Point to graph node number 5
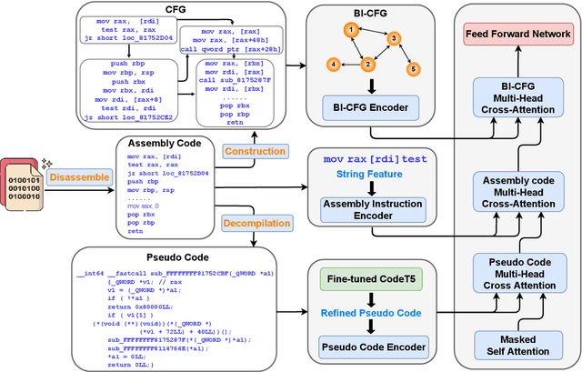(412, 69)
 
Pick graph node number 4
(335, 65)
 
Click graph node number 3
(394, 39)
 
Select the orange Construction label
(254, 151)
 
